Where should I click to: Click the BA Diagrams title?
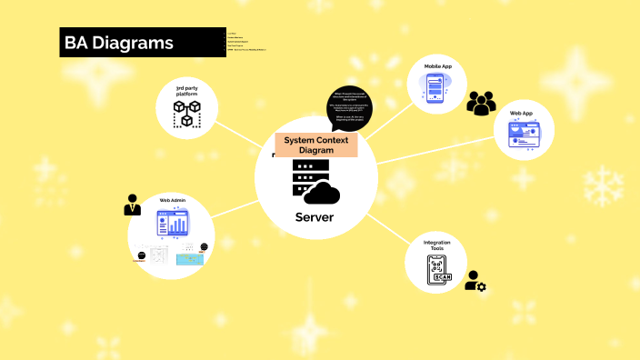tap(118, 43)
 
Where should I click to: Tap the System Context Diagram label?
tap(315, 145)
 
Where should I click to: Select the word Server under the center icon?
tap(315, 217)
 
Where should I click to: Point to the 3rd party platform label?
tap(187, 91)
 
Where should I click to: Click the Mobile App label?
tap(439, 66)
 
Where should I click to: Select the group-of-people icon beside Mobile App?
tap(481, 103)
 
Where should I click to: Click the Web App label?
tap(521, 114)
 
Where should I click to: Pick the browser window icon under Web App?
tap(522, 135)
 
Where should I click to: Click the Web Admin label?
tap(172, 200)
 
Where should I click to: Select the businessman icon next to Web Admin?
tap(133, 205)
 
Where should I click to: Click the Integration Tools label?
tap(437, 246)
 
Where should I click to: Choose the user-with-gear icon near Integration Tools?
tap(475, 281)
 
